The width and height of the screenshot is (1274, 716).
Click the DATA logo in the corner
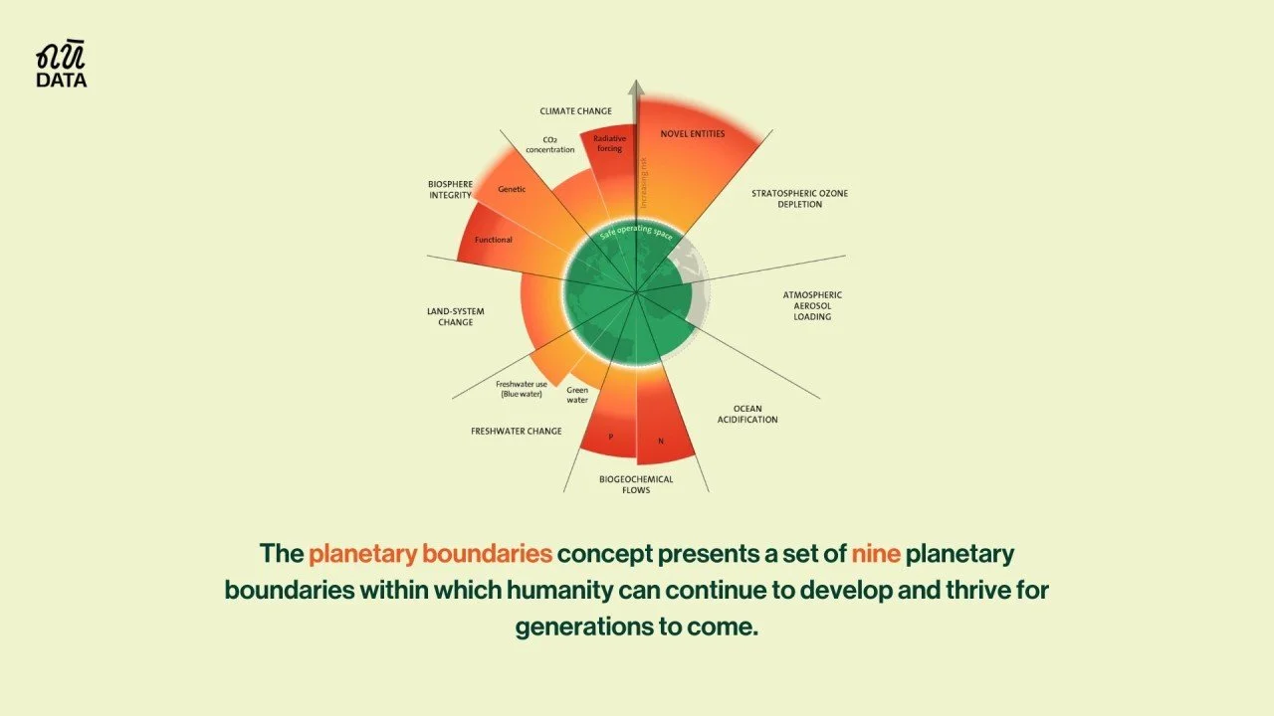[62, 66]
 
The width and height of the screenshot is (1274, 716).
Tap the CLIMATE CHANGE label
[575, 111]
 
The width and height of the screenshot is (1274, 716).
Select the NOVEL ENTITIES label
[693, 133]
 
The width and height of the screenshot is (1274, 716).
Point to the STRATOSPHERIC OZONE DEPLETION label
[799, 198]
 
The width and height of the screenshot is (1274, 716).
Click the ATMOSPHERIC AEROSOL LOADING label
[812, 305]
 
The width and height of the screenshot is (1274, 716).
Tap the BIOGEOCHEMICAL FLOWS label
[636, 484]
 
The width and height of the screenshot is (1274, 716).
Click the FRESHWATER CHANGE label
[517, 432]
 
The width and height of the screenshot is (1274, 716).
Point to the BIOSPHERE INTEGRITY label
[450, 189]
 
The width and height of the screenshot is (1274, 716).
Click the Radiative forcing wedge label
[608, 143]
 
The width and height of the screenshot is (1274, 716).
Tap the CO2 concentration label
[558, 144]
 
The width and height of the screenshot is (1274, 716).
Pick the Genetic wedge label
[512, 189]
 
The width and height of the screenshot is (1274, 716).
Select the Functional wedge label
[494, 240]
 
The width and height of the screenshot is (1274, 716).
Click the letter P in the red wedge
[610, 437]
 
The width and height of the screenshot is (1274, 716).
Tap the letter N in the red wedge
[660, 441]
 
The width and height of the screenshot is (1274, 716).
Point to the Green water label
[577, 396]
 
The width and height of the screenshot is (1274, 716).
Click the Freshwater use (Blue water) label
[522, 389]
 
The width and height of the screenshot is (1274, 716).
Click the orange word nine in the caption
[876, 553]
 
